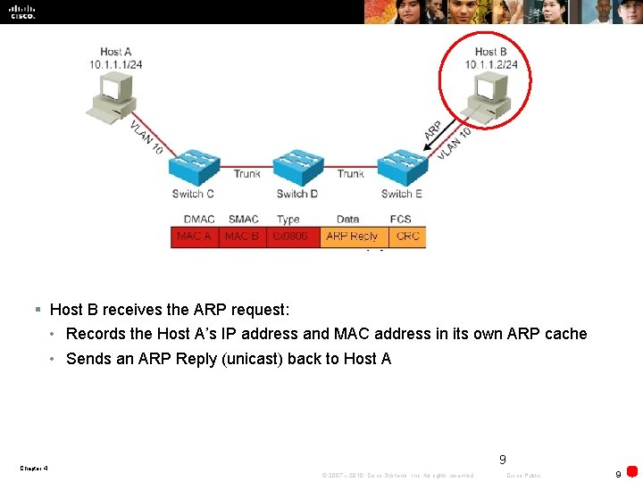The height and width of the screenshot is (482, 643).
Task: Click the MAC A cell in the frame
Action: (x=195, y=237)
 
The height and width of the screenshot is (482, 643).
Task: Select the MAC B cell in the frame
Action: (x=242, y=237)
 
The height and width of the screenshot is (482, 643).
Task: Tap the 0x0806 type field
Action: (x=291, y=237)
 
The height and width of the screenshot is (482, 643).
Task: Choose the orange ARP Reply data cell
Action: (x=352, y=237)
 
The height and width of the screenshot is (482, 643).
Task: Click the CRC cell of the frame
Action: (x=407, y=237)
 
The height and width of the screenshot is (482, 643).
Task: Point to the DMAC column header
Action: (x=198, y=219)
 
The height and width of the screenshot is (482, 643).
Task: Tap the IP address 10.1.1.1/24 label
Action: (x=117, y=64)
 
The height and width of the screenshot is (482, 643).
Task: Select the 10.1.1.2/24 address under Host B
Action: (x=491, y=64)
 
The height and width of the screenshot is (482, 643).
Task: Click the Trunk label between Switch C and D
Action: (x=246, y=174)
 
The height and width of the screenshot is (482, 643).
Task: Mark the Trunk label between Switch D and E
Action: (x=350, y=174)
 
